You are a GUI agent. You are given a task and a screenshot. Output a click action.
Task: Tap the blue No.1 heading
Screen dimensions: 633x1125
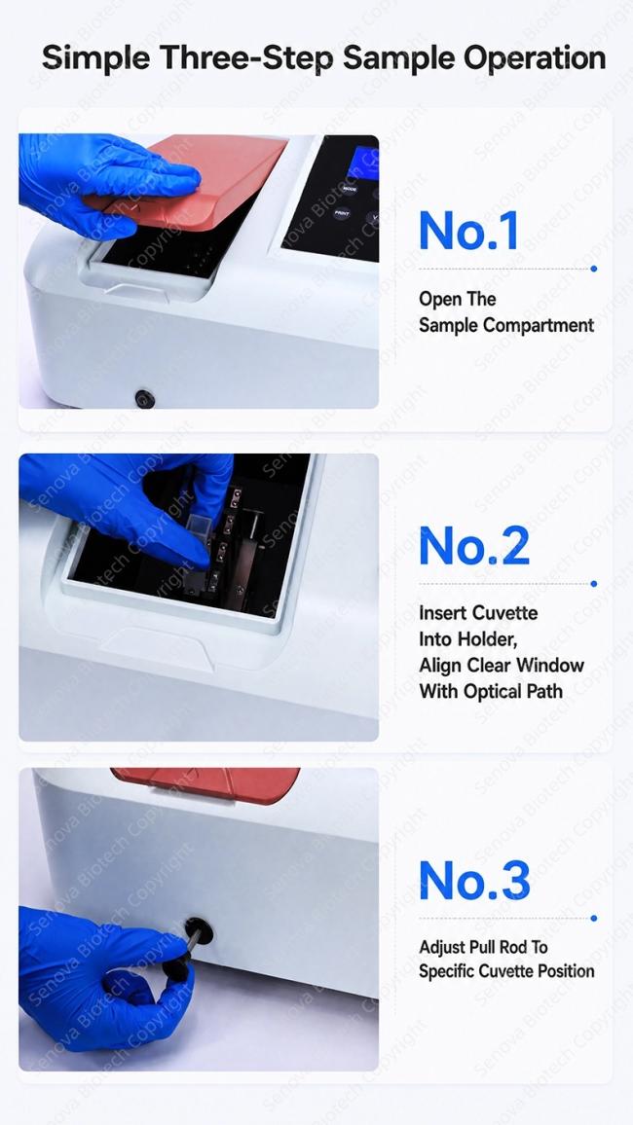[467, 231]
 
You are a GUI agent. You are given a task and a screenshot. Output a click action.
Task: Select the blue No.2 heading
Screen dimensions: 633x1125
[474, 546]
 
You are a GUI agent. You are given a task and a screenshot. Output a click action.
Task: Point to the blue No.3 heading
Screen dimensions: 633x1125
[474, 880]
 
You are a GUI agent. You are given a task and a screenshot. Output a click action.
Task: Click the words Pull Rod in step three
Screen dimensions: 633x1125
[503, 947]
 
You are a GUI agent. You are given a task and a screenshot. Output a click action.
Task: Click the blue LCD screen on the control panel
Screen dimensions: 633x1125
[363, 163]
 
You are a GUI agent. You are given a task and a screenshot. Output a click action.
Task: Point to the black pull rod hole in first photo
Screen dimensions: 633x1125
[145, 398]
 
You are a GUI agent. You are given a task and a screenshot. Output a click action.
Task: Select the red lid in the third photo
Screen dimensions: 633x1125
[206, 785]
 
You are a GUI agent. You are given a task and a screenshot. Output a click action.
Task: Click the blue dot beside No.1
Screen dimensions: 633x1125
[593, 269]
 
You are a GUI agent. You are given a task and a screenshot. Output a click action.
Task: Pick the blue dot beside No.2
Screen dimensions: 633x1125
[593, 584]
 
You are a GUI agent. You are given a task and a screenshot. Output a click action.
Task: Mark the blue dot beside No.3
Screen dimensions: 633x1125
[593, 918]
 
